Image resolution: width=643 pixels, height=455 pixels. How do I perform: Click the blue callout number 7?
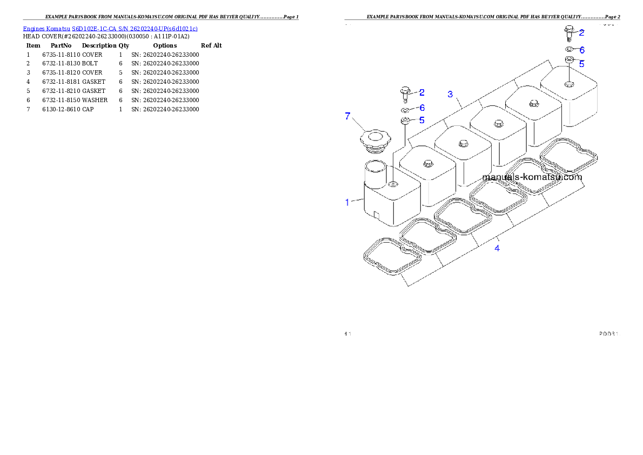pyautogui.click(x=348, y=116)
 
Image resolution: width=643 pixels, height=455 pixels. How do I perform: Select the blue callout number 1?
pyautogui.click(x=347, y=202)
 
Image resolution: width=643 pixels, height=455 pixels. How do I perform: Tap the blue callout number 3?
pyautogui.click(x=450, y=94)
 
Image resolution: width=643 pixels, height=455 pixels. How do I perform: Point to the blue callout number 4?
pyautogui.click(x=497, y=248)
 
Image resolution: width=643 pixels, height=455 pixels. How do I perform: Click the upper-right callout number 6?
pyautogui.click(x=582, y=50)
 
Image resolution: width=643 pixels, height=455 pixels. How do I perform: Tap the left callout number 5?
pyautogui.click(x=421, y=120)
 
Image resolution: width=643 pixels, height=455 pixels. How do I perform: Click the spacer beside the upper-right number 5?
pyautogui.click(x=569, y=59)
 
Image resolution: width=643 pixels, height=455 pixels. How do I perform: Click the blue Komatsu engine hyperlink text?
pyautogui.click(x=110, y=28)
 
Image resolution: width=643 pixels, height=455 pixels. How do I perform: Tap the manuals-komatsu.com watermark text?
pyautogui.click(x=532, y=177)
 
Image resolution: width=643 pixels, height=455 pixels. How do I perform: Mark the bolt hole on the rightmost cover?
pyautogui.click(x=569, y=84)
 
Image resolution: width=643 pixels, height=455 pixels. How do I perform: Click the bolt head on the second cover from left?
pyautogui.click(x=427, y=163)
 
